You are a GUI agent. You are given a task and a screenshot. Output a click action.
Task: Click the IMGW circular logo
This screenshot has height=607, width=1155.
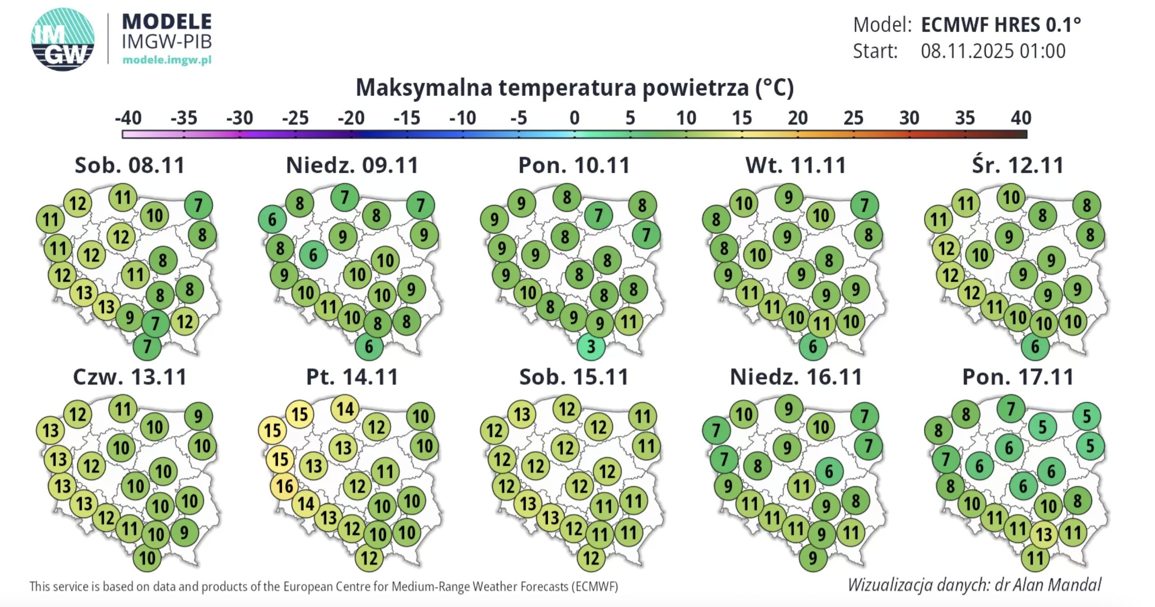click(x=63, y=39)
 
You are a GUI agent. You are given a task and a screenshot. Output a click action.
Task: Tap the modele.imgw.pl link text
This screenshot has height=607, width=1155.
click(x=167, y=60)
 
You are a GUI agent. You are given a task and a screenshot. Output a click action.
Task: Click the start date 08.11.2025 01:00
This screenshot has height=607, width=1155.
click(x=993, y=51)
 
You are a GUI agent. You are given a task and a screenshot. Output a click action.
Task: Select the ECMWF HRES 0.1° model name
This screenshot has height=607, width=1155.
click(x=1001, y=24)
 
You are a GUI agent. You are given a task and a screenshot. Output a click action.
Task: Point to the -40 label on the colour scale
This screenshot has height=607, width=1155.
click(x=128, y=118)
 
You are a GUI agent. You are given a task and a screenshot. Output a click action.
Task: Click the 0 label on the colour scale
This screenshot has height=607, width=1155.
click(x=574, y=118)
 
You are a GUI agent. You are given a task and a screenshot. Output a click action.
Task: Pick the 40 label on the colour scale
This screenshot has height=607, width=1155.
click(x=1021, y=118)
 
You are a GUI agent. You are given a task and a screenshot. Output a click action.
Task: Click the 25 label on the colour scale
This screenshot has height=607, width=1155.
click(x=853, y=118)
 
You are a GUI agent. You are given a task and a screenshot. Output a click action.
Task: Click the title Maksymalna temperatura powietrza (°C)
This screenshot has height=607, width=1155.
click(x=574, y=87)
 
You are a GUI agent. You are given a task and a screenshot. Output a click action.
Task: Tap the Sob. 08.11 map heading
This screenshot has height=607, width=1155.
click(x=129, y=165)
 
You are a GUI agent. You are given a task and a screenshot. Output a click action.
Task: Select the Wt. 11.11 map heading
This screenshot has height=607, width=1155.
click(x=795, y=165)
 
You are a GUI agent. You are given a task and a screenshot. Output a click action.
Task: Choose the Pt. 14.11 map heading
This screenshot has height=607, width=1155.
click(x=352, y=377)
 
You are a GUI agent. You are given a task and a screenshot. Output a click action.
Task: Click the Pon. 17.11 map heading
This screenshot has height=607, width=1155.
click(x=1018, y=377)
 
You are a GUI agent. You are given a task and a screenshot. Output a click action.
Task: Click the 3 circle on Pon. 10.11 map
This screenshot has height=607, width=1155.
click(x=591, y=346)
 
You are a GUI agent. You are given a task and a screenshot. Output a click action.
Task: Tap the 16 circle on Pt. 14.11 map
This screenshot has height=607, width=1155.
click(x=285, y=486)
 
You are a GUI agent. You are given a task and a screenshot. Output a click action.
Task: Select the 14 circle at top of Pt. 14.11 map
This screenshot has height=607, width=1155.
click(x=345, y=409)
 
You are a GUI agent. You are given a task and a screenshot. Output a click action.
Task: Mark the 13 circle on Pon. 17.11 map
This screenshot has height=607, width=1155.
click(x=1044, y=534)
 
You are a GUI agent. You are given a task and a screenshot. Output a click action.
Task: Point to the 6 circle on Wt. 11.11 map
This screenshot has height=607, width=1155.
click(x=813, y=346)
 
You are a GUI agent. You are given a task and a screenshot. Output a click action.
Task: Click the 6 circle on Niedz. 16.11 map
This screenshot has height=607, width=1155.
click(x=829, y=472)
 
